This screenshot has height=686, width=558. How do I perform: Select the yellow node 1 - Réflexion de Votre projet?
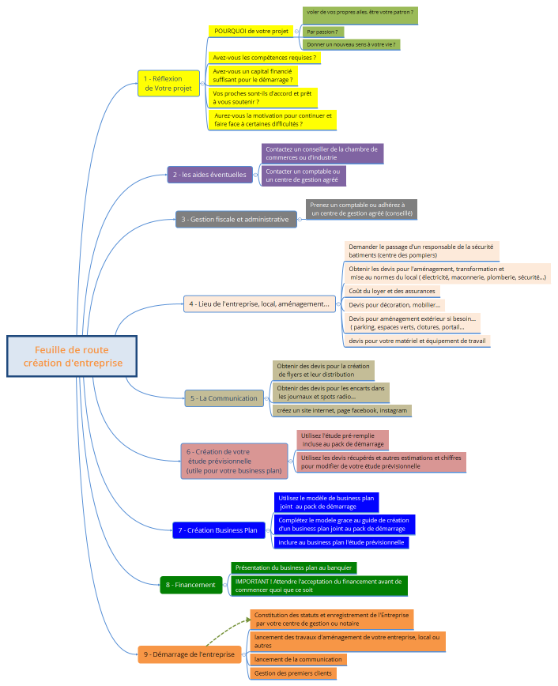(168, 83)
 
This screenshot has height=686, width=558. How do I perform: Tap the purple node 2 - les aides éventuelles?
(209, 175)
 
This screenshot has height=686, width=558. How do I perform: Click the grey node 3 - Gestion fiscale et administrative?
(236, 219)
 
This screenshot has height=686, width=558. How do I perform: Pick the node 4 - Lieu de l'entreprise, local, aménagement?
(260, 303)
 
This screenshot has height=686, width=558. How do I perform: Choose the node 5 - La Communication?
(224, 398)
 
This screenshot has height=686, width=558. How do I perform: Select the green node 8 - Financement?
(190, 585)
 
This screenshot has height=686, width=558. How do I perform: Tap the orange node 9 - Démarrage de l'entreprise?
(189, 654)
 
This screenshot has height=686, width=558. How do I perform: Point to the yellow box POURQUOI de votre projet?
(252, 31)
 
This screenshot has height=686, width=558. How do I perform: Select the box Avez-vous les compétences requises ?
(265, 58)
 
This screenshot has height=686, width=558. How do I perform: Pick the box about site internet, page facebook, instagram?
(341, 410)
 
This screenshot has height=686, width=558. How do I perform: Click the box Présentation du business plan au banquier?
(293, 567)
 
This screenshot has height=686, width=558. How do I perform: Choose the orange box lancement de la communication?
(297, 659)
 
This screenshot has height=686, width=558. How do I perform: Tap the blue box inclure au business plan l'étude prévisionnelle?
(341, 542)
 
